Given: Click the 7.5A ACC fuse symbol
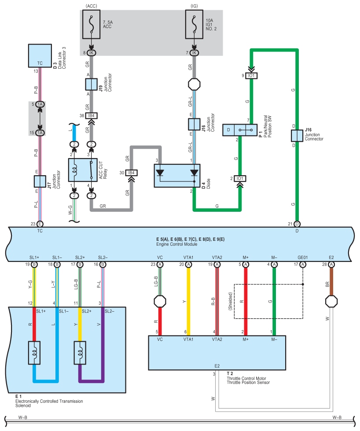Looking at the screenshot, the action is tap(91, 25).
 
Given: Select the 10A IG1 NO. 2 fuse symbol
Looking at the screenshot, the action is tap(194, 25).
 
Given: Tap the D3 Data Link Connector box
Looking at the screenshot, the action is tap(40, 55).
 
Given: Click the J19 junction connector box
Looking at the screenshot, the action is tap(91, 84).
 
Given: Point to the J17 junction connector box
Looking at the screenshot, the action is tap(40, 181).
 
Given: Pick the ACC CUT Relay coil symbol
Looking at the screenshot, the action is tap(74, 169).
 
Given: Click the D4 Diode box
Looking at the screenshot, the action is tap(177, 176).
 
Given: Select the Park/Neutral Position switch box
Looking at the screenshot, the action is tap(240, 130).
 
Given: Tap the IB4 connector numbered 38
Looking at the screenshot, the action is tap(91, 116).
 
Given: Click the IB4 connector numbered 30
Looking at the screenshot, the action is tap(131, 173).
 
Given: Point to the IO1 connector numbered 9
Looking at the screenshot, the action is tap(251, 76).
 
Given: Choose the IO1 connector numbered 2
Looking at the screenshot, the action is tap(240, 179).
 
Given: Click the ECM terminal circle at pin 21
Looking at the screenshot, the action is tap(297, 224).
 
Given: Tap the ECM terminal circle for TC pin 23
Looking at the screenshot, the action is tap(40, 224).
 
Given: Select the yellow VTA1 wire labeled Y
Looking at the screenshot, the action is tap(188, 302).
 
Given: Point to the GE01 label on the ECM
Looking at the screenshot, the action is tap(302, 258).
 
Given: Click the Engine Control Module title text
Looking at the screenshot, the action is tap(177, 244).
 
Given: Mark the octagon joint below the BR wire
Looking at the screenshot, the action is tap(331, 302).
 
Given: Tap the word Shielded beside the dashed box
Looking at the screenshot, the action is tap(230, 302).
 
